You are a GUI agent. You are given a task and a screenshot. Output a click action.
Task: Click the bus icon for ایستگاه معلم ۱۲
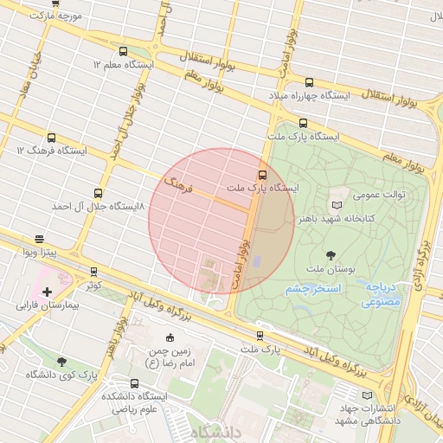122,51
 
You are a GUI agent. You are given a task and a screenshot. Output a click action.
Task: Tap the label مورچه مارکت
55,16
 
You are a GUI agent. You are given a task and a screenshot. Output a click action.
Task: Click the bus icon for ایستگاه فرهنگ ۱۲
51,138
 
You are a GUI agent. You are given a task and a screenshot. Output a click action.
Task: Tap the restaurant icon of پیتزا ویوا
40,239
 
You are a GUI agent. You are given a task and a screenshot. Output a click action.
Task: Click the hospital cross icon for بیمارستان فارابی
47,292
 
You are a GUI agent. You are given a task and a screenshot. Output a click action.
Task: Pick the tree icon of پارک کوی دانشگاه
61,361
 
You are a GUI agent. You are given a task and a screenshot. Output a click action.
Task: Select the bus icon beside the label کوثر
93,270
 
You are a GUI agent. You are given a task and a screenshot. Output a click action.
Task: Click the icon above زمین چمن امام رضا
170,337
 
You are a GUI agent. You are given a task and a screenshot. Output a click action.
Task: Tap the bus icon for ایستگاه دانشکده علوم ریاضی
133,383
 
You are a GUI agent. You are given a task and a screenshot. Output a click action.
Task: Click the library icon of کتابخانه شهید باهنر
337,205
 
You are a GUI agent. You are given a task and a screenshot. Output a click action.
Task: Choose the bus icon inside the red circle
263,174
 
